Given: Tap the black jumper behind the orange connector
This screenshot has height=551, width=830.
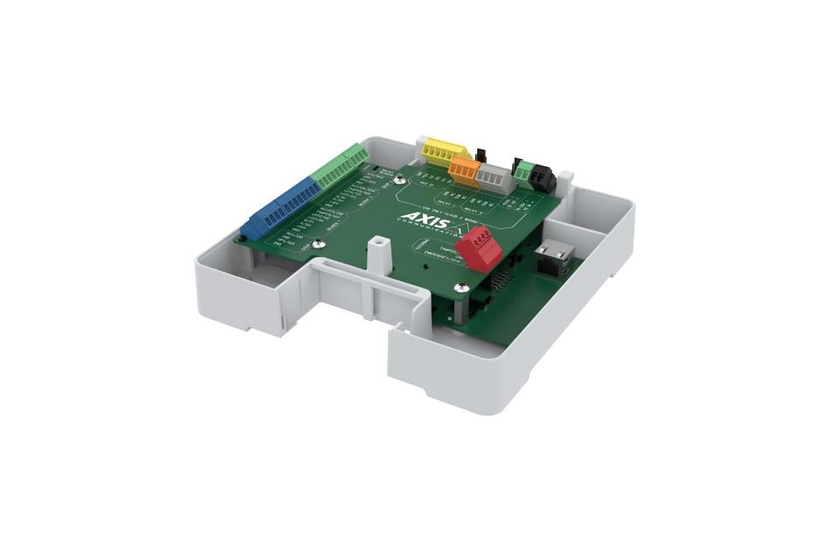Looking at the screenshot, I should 480,154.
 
